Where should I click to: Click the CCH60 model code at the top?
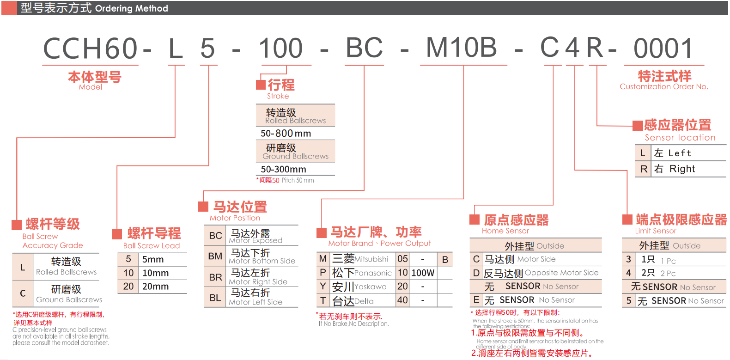(91, 49)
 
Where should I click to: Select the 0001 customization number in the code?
(663, 49)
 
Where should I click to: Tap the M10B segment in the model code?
(461, 48)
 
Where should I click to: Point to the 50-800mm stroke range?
(286, 134)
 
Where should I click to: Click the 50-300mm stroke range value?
(283, 169)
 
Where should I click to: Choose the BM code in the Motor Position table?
(215, 256)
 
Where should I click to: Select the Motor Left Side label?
(255, 302)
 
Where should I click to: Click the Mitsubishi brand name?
(371, 260)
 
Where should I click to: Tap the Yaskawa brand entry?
(371, 287)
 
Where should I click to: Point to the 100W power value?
(423, 273)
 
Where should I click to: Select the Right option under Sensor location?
(682, 169)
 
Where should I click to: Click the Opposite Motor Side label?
(561, 273)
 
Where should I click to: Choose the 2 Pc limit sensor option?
(668, 274)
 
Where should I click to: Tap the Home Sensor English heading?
(505, 231)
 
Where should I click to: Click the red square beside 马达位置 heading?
(203, 207)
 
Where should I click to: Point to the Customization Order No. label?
(663, 87)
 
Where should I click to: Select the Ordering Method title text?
(131, 8)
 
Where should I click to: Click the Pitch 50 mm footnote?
(298, 180)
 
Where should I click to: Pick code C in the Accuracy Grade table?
(23, 293)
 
